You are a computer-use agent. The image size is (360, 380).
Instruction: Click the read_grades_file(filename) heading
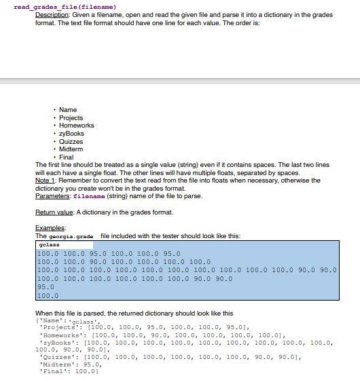click(60, 7)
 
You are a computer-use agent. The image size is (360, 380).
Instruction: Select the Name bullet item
click(68, 110)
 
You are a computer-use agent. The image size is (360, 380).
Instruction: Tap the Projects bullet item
click(71, 118)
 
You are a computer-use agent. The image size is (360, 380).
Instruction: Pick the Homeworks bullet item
click(77, 126)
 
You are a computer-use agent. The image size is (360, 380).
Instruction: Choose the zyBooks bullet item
click(72, 134)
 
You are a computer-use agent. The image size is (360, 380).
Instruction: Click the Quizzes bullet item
click(71, 142)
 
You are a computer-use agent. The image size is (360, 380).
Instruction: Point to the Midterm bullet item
click(71, 149)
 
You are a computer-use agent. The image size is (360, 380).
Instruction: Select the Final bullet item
click(67, 157)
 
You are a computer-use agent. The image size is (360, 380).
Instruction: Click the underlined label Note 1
click(44, 180)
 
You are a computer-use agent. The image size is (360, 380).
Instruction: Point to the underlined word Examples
click(50, 228)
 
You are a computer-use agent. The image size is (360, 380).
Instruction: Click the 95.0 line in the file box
click(46, 287)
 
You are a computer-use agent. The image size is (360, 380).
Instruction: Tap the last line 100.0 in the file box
click(48, 296)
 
